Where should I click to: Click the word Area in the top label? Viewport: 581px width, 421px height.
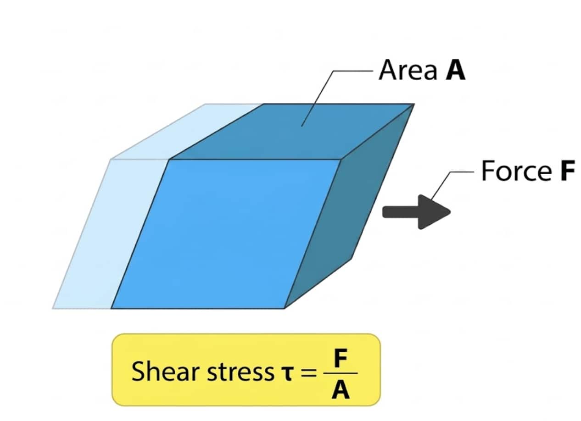(407, 71)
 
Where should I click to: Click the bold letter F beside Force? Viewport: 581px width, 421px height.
(567, 171)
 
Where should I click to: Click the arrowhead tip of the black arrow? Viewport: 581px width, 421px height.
(450, 212)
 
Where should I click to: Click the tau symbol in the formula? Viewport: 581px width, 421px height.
(285, 373)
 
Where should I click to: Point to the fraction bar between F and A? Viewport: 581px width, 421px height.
(340, 374)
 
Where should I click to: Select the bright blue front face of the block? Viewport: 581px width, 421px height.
(225, 234)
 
